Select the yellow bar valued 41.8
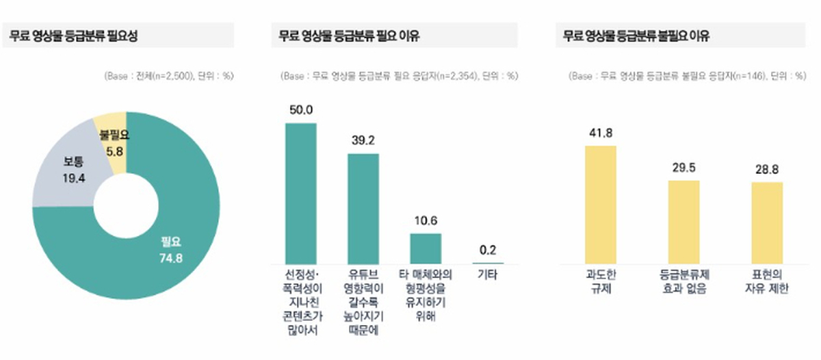(x=601, y=205)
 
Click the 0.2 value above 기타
(x=488, y=250)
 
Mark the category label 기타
(x=488, y=276)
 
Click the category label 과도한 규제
(x=601, y=282)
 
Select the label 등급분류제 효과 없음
(x=683, y=282)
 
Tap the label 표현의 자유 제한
(x=767, y=282)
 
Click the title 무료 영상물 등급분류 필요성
(x=75, y=36)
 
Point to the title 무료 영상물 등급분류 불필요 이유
(x=636, y=36)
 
